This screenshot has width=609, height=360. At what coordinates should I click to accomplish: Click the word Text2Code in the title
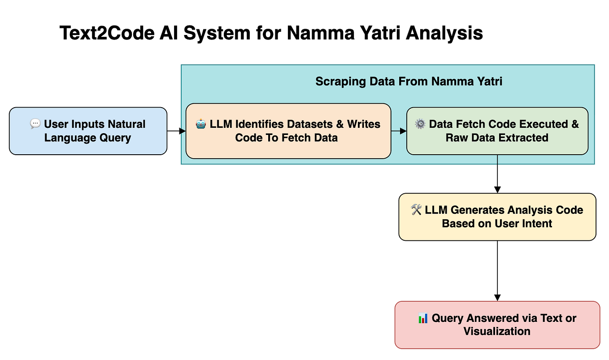point(107,33)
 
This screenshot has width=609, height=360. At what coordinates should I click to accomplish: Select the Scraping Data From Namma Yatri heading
point(409,82)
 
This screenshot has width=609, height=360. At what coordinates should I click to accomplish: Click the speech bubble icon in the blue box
point(35,124)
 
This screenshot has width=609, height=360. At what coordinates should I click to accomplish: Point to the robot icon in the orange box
point(200,124)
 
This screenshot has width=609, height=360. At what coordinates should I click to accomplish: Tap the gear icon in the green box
point(420,124)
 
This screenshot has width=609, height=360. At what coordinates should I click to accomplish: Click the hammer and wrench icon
point(416,210)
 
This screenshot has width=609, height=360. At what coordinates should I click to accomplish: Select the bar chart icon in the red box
point(423,318)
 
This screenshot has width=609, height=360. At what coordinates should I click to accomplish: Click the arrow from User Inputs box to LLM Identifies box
point(176,131)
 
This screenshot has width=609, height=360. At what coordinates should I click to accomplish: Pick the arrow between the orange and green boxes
point(399,131)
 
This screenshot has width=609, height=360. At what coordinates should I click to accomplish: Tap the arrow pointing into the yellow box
point(497,174)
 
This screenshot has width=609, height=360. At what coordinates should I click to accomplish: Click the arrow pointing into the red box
point(497,271)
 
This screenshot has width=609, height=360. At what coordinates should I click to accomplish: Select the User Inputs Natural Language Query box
point(88,131)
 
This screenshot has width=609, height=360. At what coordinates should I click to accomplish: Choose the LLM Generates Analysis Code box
point(497,217)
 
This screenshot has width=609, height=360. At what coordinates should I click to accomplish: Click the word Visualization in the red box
point(497,331)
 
